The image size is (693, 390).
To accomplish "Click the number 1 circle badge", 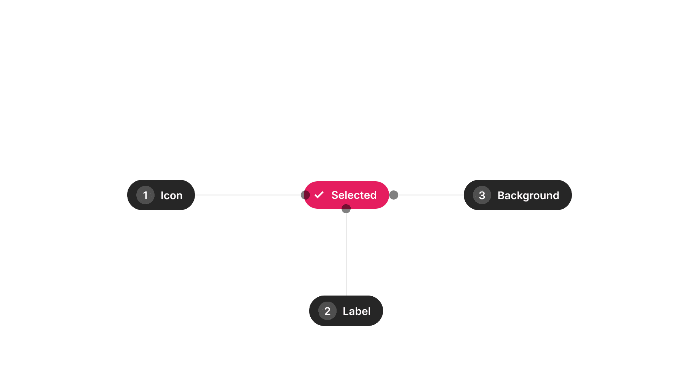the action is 145,195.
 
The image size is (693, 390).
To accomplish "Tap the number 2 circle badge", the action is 327,311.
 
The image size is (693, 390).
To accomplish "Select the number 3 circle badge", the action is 482,195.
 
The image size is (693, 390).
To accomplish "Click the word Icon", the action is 171,195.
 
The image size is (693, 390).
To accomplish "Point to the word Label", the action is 356,311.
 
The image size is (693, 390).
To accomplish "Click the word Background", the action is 528,195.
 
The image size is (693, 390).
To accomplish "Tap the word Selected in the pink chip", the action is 354,195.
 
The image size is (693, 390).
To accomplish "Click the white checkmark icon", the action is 319,195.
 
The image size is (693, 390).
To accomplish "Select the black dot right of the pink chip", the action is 394,195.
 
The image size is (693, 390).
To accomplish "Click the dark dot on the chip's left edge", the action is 305,195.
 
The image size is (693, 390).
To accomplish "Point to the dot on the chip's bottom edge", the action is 346,209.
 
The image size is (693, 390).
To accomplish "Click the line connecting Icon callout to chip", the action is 247,195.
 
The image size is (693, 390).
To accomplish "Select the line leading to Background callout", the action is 430,195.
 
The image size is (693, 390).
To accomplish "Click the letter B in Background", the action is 501,195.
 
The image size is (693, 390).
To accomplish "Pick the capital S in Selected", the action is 335,195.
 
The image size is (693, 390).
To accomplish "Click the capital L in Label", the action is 346,311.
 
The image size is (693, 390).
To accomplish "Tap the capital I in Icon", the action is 162,195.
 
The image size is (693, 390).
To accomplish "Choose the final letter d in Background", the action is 556,195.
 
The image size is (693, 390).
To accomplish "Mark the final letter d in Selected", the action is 373,195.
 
